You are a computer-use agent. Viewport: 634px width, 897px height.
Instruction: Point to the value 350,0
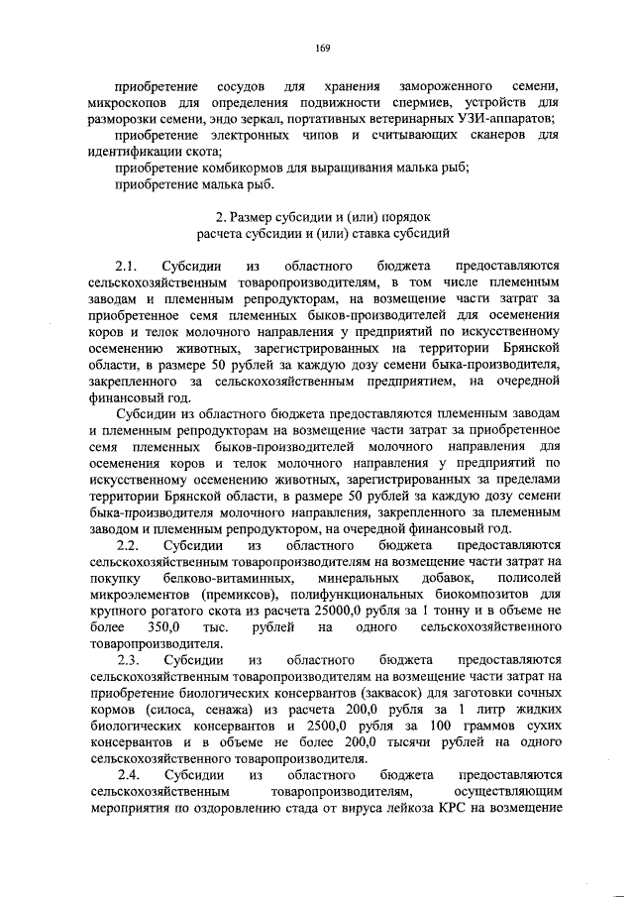(161, 626)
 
